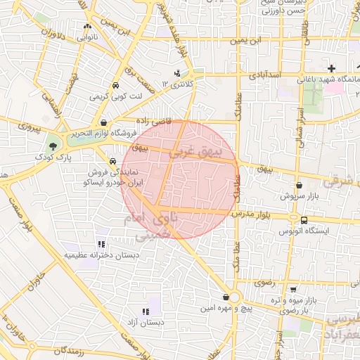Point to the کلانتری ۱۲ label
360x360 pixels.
pos(176,84)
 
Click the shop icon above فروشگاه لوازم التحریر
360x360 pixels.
pos(103,122)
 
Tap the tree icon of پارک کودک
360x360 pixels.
pos(54,146)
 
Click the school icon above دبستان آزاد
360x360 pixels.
pos(146,311)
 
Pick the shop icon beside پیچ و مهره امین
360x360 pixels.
pos(226,297)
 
